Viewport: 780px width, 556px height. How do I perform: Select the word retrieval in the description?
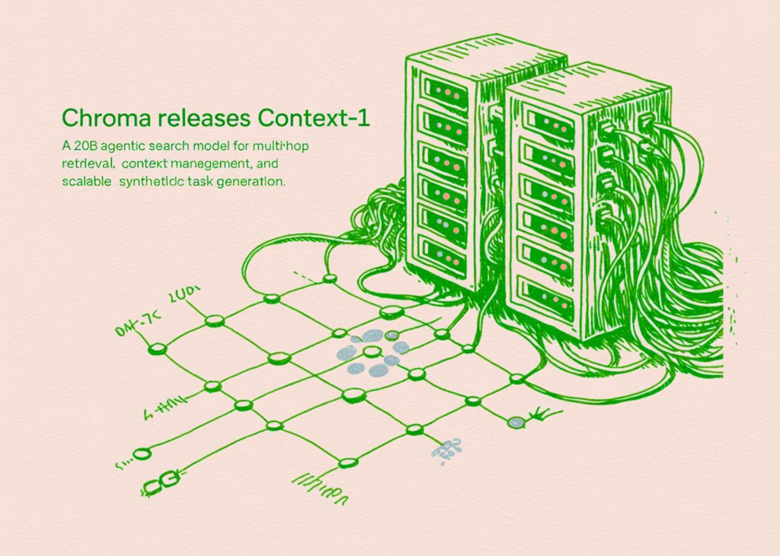coord(85,163)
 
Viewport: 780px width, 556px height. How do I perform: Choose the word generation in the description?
coord(251,182)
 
